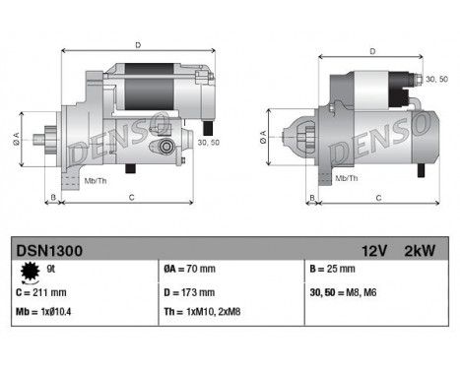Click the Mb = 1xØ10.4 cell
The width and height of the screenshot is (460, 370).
point(45,312)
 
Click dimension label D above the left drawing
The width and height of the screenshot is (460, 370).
point(137,44)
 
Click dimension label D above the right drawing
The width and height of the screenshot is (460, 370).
point(371,51)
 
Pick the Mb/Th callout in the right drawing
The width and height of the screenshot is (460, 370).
point(346,178)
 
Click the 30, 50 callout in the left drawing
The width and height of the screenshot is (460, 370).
point(209,142)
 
